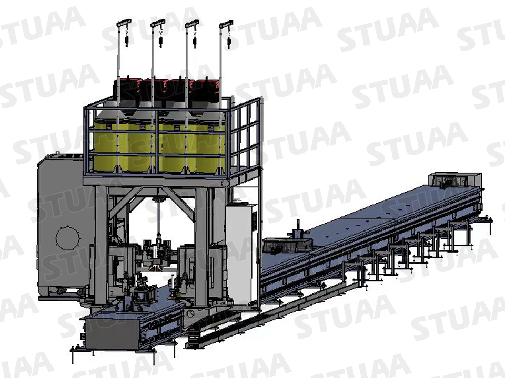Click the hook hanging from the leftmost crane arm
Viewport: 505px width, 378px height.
tap(127, 41)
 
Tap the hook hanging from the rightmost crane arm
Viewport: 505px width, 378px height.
tap(229, 43)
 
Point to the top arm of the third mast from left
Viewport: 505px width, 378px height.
tap(191, 23)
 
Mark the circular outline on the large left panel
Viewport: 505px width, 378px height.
tap(68, 239)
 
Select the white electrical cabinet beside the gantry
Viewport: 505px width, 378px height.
tap(241, 252)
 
